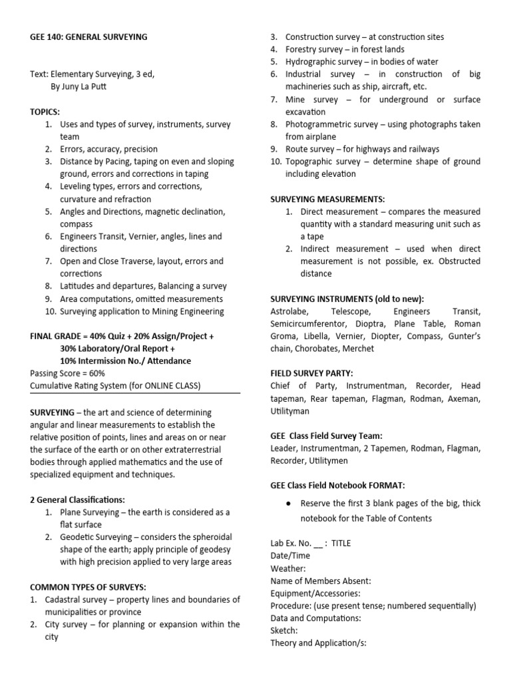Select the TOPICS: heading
pyautogui.click(x=45, y=112)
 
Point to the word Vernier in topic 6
pyautogui.click(x=148, y=236)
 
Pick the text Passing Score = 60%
pyautogui.click(x=68, y=373)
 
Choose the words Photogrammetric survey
pyautogui.click(x=325, y=124)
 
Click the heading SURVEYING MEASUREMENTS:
pyautogui.click(x=327, y=199)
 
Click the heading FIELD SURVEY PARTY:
pyautogui.click(x=312, y=373)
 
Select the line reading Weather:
pyautogui.click(x=288, y=569)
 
